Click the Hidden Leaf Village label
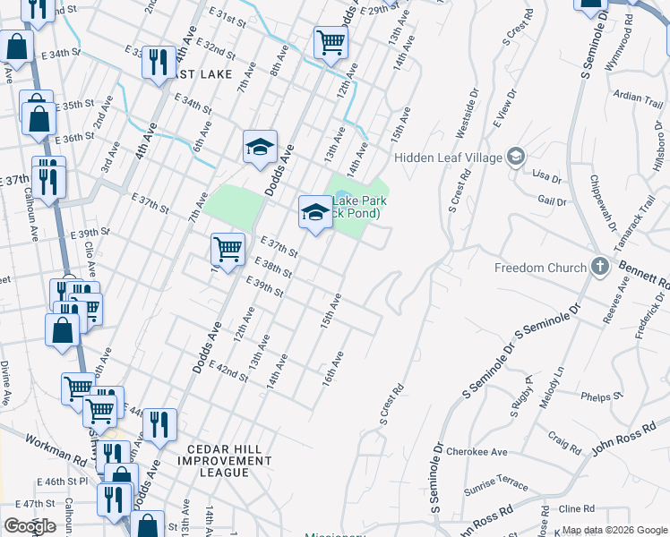click(x=448, y=158)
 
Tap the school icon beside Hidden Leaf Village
click(x=515, y=158)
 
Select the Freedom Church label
click(x=540, y=268)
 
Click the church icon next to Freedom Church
click(x=600, y=267)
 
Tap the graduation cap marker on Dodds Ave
click(x=260, y=147)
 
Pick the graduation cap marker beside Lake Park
click(x=314, y=212)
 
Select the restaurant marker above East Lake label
click(x=159, y=62)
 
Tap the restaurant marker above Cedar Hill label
click(x=159, y=425)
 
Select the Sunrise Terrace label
click(x=496, y=485)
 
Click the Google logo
click(x=30, y=526)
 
